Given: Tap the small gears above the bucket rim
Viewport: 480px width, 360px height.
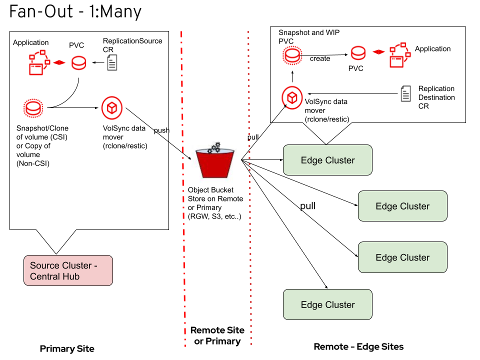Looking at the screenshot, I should [214, 147].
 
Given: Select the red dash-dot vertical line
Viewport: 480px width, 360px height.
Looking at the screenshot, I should [183, 200].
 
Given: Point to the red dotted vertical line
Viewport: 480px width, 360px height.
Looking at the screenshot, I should [249, 200].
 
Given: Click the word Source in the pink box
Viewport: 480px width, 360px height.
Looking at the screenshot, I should [44, 265].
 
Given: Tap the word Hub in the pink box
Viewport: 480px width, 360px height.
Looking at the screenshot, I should [69, 276].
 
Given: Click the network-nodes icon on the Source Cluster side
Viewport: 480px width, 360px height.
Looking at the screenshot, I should [38, 63].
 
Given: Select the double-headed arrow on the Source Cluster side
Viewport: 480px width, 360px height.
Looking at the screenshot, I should [59, 62].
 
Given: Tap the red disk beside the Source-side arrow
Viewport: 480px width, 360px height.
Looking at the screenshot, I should [78, 63].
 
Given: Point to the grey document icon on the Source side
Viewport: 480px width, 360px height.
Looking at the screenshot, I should [112, 62].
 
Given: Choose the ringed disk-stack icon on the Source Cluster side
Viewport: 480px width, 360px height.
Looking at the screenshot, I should [33, 108].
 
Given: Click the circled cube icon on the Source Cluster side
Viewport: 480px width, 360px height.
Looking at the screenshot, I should [112, 108].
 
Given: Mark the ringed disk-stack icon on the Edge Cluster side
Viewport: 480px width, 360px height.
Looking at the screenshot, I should [292, 55].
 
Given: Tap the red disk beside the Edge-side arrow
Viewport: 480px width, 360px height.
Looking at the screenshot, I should [358, 52].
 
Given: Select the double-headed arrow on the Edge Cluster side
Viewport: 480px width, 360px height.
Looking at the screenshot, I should [378, 52].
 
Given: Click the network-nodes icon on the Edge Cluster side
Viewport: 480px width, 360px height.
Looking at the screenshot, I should [399, 55].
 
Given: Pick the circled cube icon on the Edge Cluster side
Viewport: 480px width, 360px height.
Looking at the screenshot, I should [292, 97].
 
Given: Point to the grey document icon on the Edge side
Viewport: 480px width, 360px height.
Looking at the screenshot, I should [405, 94].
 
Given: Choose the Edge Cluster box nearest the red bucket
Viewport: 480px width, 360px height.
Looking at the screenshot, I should [327, 160].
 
